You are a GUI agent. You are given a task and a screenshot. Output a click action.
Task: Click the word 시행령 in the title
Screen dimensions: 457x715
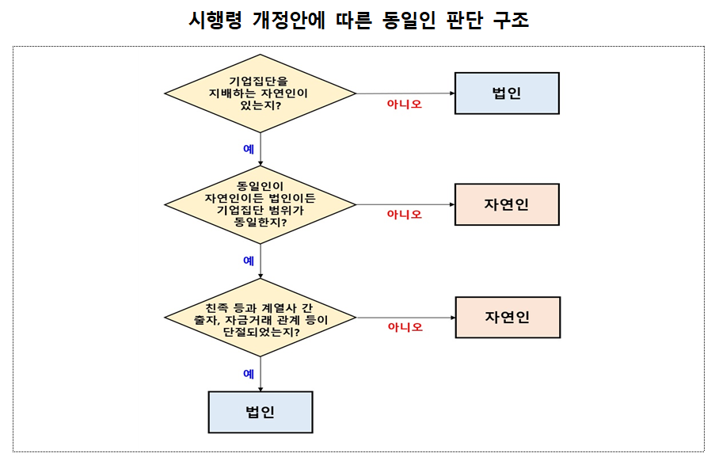(x=213, y=21)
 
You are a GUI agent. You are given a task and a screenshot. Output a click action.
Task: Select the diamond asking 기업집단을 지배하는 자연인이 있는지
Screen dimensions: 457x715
(x=260, y=93)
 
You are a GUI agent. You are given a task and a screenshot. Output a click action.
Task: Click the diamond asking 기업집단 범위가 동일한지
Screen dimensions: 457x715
(x=260, y=204)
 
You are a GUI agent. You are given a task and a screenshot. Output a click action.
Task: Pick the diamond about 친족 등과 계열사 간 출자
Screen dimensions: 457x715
(x=260, y=318)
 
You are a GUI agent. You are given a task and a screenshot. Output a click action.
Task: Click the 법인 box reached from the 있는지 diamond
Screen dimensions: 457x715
(x=507, y=93)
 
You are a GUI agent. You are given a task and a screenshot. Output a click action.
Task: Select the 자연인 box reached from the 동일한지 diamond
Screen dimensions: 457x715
(x=507, y=204)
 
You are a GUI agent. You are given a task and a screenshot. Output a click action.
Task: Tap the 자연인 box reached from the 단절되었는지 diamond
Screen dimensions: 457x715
(x=508, y=318)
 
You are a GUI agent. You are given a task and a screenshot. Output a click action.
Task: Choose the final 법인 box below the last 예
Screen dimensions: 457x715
(x=260, y=412)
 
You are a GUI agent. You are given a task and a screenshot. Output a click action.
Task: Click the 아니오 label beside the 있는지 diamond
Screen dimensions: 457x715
(x=404, y=104)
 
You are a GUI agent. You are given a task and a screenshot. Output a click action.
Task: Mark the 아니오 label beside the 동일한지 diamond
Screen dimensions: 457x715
(x=404, y=215)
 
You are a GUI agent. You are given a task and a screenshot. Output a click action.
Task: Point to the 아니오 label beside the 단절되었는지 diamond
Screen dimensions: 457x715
(x=405, y=327)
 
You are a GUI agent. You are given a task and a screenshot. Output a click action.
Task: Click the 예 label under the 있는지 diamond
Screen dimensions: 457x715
(x=249, y=148)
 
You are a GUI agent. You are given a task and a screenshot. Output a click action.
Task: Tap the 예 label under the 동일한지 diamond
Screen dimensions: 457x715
(x=249, y=261)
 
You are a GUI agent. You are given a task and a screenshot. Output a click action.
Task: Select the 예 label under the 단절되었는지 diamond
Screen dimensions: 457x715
(x=249, y=373)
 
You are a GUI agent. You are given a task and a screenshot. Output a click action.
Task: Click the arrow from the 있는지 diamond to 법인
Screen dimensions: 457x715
(x=405, y=93)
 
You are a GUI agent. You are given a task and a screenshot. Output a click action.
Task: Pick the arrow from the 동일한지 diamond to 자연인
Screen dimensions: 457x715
(x=405, y=204)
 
